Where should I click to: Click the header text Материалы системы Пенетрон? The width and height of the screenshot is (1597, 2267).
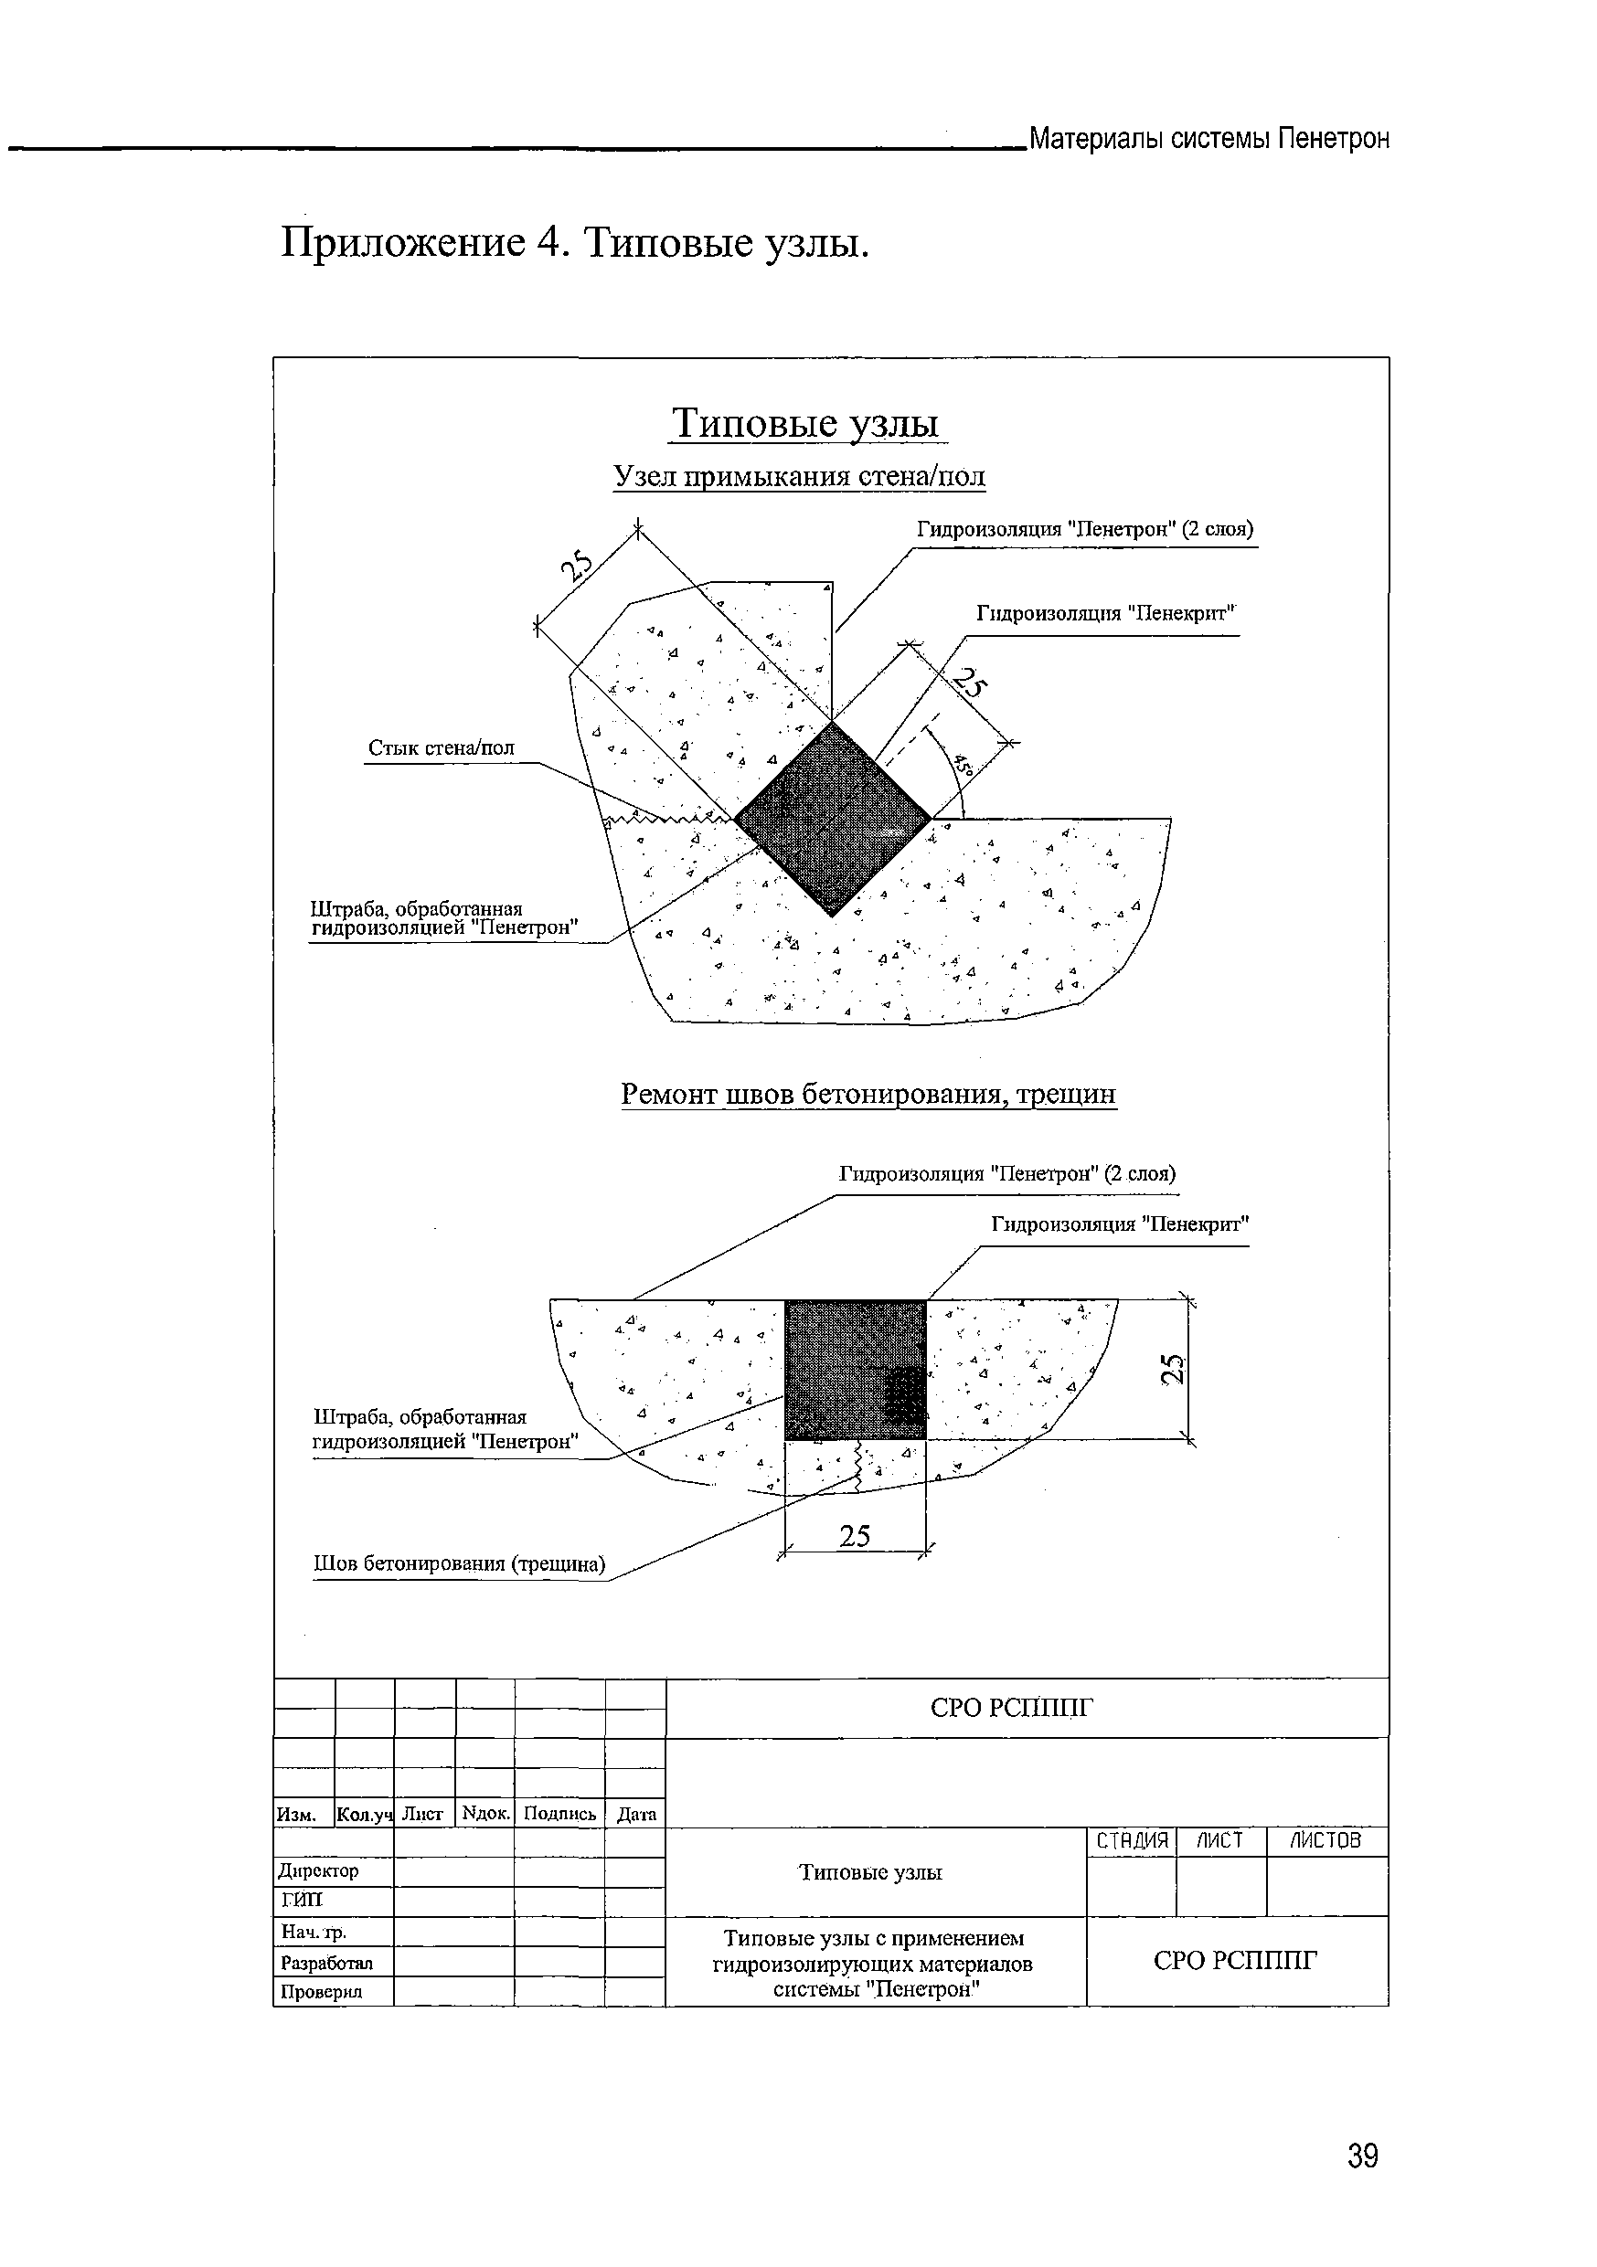point(1208,138)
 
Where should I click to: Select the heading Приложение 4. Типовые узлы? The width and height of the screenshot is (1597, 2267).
point(575,242)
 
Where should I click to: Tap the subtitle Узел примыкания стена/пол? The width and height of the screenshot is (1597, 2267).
point(798,477)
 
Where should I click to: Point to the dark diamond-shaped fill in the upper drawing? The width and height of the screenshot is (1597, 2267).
point(833,819)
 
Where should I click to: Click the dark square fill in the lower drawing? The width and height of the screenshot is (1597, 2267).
point(856,1370)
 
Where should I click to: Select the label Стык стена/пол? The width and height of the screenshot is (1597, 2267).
point(442,748)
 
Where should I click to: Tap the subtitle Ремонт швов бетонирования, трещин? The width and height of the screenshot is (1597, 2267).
point(868,1094)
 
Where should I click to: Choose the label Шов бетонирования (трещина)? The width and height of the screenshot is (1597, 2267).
point(459,1564)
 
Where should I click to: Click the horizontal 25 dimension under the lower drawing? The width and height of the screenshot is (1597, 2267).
point(855,1535)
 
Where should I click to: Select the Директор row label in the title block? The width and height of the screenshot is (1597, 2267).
point(319,1871)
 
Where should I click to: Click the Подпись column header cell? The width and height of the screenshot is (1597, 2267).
point(559,1814)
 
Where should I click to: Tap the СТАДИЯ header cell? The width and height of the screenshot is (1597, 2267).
point(1132,1840)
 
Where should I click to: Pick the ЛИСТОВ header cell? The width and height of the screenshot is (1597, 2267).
point(1326,1840)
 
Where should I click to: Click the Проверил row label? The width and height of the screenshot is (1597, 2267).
point(321,1992)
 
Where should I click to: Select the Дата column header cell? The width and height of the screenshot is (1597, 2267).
point(636,1814)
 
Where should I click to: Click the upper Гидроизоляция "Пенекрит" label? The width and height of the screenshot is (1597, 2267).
point(1106,613)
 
